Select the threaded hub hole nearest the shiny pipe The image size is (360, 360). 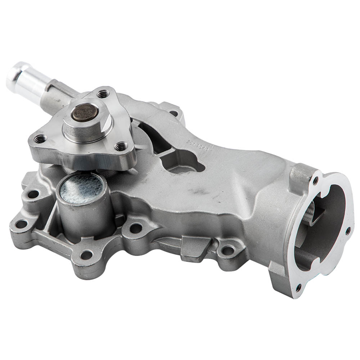(103, 94)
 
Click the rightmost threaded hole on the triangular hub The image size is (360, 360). (122, 147)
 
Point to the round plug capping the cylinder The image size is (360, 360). (82, 188)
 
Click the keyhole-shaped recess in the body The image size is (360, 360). (180, 158)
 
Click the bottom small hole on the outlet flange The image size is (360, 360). (298, 287)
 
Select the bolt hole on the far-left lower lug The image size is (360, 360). (21, 224)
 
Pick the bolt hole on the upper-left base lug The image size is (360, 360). (33, 194)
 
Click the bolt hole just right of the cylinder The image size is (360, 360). (136, 228)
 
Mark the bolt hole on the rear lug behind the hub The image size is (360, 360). (173, 113)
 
